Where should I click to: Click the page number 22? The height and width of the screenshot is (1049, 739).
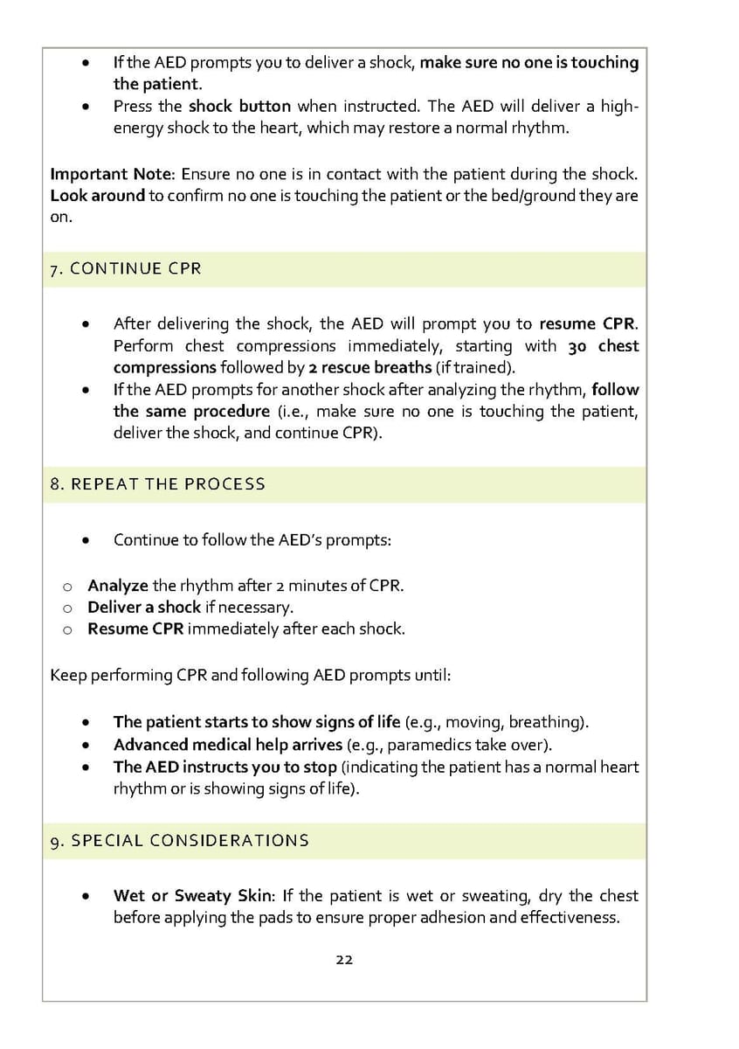[344, 959]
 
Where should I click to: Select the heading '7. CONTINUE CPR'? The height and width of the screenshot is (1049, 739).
[126, 268]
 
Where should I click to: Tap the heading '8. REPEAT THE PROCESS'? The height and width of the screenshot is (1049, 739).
[158, 483]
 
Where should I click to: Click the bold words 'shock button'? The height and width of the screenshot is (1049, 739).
[239, 106]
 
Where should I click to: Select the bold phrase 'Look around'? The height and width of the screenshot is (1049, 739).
[97, 195]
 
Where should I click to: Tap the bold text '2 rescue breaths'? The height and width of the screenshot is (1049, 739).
[370, 367]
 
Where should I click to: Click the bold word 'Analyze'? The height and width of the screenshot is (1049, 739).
[118, 585]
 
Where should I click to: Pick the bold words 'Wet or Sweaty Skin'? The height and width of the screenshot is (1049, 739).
[192, 895]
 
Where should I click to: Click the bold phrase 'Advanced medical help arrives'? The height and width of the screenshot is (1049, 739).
[228, 745]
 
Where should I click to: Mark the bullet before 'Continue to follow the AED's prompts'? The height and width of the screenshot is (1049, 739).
[85, 540]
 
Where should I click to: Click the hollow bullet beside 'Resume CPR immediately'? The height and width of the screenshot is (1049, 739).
[66, 629]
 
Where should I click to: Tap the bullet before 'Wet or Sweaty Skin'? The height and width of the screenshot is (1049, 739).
[85, 896]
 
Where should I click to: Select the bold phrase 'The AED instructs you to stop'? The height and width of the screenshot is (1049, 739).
[224, 767]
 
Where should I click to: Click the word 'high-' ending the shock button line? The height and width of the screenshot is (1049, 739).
[619, 106]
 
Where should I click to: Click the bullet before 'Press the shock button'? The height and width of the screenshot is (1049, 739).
[85, 107]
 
